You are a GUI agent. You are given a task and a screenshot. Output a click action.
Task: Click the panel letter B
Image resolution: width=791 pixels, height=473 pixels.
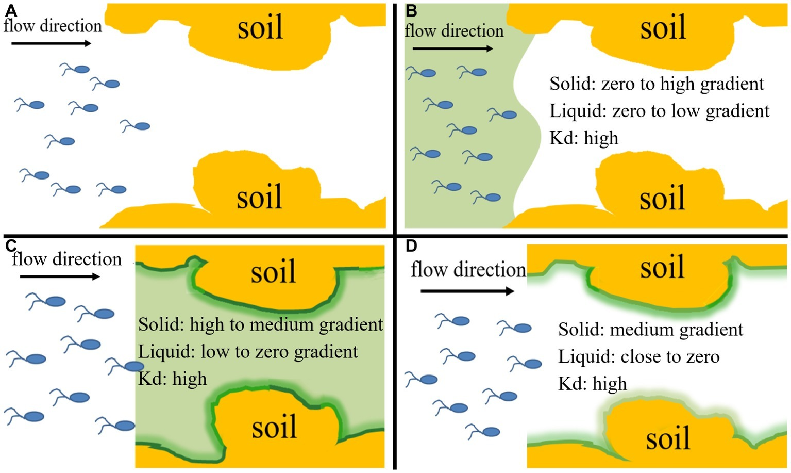click(412, 11)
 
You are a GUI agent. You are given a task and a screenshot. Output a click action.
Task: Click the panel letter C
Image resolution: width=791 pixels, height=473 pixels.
click(11, 246)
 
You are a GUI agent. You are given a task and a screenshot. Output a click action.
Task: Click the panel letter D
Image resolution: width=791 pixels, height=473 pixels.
click(411, 246)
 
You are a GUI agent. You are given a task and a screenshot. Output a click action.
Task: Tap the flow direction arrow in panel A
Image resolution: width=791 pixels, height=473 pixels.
click(51, 43)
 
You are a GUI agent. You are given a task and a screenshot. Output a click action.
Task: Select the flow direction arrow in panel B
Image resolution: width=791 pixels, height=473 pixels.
click(453, 49)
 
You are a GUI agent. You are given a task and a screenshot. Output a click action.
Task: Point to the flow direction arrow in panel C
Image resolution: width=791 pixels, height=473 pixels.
click(60, 277)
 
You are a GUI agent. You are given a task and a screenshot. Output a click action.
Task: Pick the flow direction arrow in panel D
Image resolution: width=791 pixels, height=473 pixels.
click(467, 291)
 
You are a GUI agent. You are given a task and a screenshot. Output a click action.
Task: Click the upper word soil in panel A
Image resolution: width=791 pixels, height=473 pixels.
click(260, 28)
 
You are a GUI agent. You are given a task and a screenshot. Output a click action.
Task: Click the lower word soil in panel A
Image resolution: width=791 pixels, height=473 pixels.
click(259, 198)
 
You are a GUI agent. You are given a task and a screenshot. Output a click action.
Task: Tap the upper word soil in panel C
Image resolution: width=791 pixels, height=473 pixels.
click(274, 272)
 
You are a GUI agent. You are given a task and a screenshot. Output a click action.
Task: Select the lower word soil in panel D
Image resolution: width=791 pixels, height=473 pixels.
click(668, 439)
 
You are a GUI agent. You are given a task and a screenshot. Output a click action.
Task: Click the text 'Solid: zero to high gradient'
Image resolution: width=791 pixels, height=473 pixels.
click(657, 84)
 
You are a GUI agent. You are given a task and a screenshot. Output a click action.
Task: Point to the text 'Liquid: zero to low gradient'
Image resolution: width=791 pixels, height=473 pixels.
click(660, 111)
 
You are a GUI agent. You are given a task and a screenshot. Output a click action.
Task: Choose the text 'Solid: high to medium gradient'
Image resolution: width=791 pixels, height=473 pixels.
click(261, 325)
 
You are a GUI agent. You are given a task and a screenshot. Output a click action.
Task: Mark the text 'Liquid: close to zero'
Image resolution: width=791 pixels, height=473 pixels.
click(639, 357)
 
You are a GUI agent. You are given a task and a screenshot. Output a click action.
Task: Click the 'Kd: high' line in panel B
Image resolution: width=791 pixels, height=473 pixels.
click(584, 138)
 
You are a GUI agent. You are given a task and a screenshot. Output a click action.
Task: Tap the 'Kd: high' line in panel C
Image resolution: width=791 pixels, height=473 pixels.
click(173, 379)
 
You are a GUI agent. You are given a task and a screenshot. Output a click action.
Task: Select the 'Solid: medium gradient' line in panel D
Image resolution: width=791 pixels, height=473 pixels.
click(651, 330)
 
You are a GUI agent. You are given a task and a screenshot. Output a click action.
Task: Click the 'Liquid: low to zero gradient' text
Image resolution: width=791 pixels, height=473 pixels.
click(248, 352)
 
